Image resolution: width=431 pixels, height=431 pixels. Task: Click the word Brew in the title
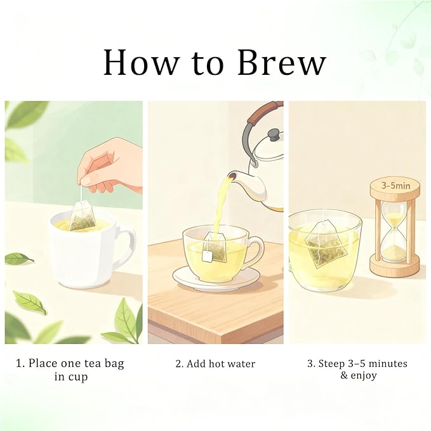tap(282, 62)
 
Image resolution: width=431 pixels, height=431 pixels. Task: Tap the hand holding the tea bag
tap(111, 166)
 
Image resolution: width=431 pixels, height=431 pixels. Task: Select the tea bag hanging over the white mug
tap(83, 216)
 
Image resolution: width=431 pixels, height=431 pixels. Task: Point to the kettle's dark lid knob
tap(275, 135)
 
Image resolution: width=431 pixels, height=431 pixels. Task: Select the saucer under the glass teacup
tap(216, 279)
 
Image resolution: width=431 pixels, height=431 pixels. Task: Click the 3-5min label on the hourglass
tap(395, 186)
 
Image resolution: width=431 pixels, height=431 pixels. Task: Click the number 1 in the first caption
tap(18, 363)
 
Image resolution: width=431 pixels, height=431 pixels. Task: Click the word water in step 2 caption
tap(241, 364)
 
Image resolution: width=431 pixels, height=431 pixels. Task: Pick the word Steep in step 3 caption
tap(331, 364)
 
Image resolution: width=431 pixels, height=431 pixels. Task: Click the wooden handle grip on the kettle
tap(264, 112)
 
